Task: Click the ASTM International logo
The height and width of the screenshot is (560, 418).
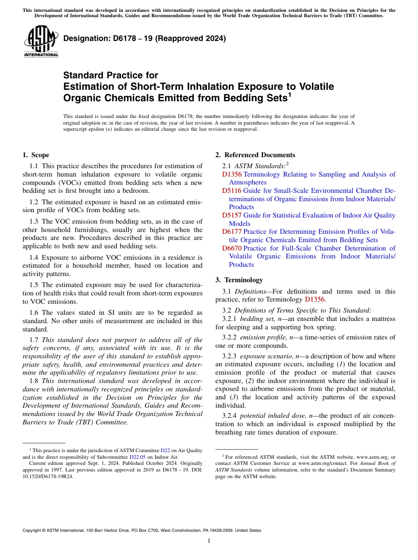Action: tap(41, 41)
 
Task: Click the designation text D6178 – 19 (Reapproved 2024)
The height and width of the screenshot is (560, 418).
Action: tap(144, 38)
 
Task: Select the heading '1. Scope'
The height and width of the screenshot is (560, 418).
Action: tap(36, 155)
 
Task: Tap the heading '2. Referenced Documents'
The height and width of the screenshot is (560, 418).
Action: tap(255, 155)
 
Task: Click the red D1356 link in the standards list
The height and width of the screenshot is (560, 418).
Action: tap(232, 174)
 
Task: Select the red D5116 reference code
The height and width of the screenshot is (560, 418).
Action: tap(232, 191)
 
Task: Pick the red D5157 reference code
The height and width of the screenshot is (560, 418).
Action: tap(232, 215)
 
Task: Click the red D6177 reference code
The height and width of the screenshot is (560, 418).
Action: tap(232, 232)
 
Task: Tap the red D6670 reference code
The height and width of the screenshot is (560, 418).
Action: tap(232, 248)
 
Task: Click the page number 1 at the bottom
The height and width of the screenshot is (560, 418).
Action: tap(209, 541)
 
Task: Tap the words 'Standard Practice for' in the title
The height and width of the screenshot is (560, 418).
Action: tap(110, 75)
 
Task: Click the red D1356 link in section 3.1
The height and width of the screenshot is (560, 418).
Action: tap(315, 299)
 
